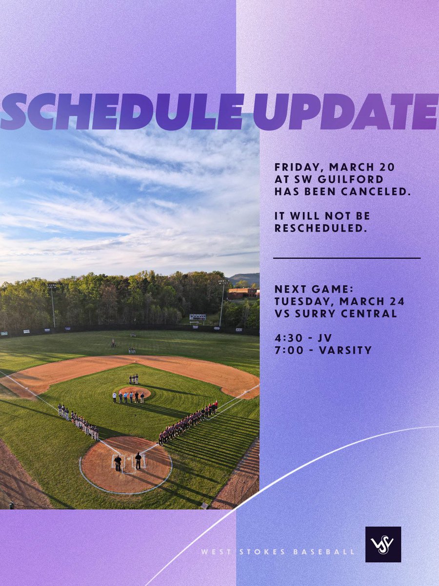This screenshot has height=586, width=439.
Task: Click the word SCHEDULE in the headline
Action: click(122, 111)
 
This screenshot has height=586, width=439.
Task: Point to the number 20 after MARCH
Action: click(388, 167)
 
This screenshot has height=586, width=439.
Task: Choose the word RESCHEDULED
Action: click(320, 228)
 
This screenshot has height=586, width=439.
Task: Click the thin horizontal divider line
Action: click(346, 258)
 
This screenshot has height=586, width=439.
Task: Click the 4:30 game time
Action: click(287, 337)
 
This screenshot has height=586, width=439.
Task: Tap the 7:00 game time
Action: click(287, 350)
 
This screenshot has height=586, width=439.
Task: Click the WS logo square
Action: click(383, 544)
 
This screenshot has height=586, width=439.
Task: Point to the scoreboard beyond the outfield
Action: click(198, 317)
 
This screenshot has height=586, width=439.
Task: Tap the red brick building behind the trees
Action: click(242, 293)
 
